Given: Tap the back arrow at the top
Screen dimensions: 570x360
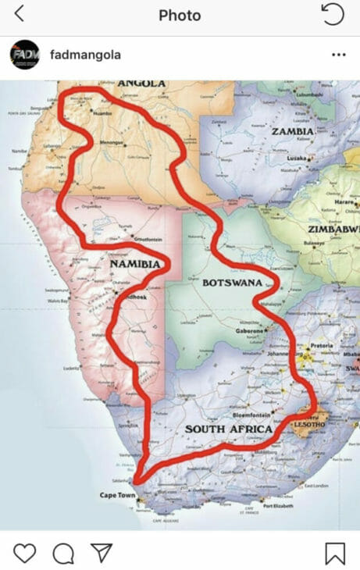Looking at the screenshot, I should coord(20,14).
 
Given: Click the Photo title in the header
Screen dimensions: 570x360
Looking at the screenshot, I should coord(180,15).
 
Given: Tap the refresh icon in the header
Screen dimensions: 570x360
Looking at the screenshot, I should coord(333,14).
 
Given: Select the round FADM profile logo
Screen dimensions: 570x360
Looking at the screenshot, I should coord(25,55).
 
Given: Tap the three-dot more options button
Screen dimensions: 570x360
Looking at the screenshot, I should coord(338,55).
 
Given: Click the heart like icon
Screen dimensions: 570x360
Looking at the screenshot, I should coord(25,553).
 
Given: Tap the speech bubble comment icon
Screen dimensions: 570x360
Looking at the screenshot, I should coord(63,553).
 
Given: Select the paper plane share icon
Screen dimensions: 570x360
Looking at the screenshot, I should coord(102,553).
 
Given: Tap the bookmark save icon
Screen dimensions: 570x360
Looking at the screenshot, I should coord(335,553).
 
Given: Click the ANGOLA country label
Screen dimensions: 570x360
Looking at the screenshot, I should coord(141,84).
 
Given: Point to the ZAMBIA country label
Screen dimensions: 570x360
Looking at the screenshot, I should coord(292,131).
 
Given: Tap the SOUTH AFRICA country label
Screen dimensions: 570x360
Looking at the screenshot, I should coord(228,430).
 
